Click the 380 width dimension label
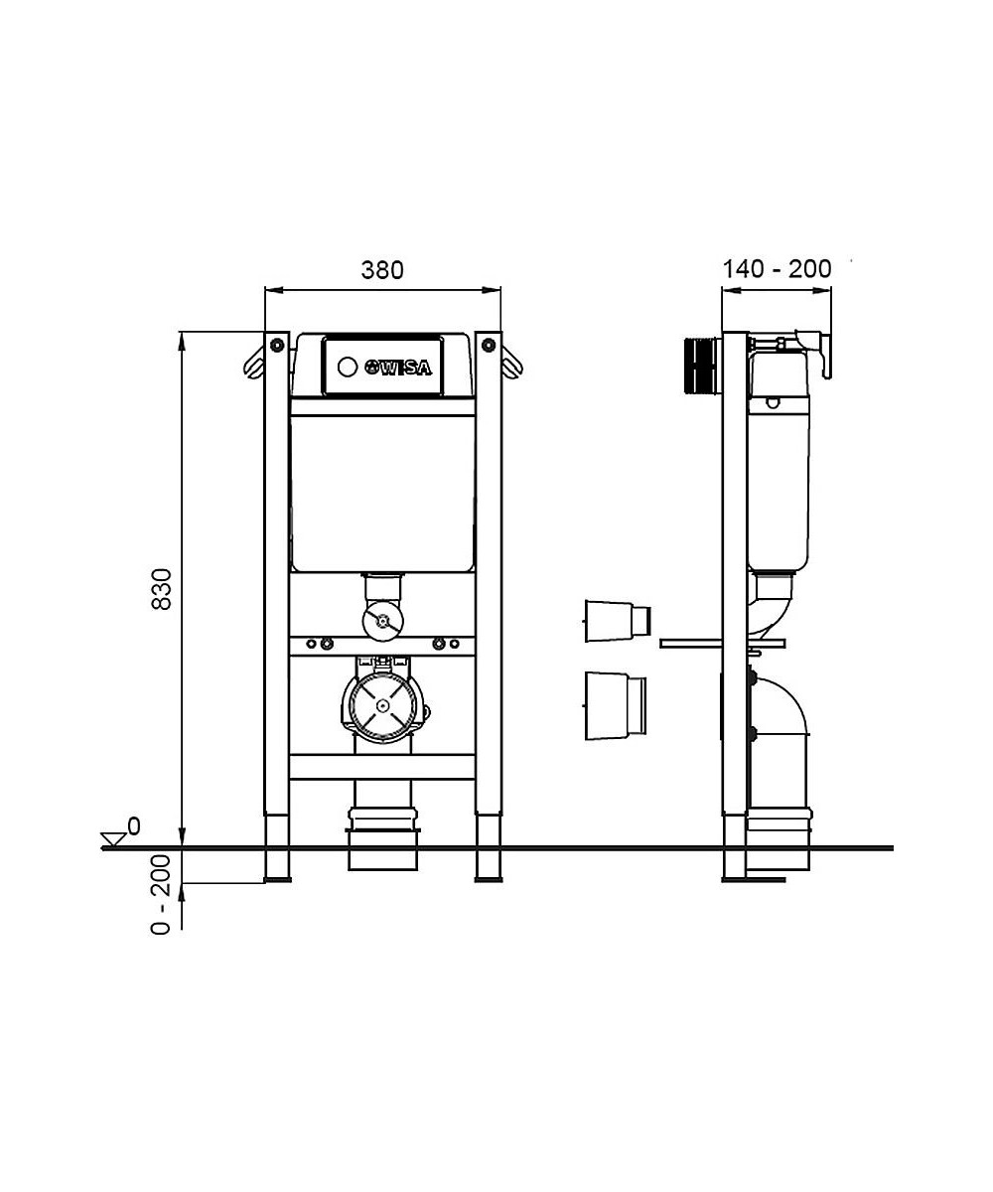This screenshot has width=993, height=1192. coord(381,269)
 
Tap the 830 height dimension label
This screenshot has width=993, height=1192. coord(162,589)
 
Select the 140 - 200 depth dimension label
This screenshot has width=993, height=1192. coord(777,269)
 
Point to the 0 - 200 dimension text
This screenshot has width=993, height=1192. coord(161,895)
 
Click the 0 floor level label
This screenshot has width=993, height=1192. coord(133,826)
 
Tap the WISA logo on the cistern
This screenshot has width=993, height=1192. coord(398,368)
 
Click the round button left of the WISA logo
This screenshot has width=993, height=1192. coord(347,368)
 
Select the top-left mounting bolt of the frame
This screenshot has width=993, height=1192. coord(277,345)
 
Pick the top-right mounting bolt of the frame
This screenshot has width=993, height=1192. coord(488,345)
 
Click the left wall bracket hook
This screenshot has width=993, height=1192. coord(254,364)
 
